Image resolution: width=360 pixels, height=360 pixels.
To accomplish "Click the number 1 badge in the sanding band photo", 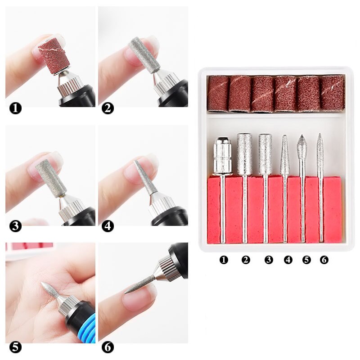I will point(16,109).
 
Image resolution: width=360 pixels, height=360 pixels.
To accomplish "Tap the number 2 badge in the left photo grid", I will point(108,109).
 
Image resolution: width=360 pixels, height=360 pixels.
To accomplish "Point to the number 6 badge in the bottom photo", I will point(108,347).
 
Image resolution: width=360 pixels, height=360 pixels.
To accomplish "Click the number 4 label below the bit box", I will point(288,260).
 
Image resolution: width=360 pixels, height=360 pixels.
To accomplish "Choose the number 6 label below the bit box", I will point(324,260).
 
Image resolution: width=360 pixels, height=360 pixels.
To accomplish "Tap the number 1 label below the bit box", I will point(224,260).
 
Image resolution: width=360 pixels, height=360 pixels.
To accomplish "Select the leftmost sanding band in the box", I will point(218,93).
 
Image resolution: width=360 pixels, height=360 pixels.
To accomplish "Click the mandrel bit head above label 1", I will point(222,155).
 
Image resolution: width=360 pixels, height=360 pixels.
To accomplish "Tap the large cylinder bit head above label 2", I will point(245,154).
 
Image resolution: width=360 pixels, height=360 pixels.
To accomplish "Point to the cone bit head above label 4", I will point(284,155).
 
